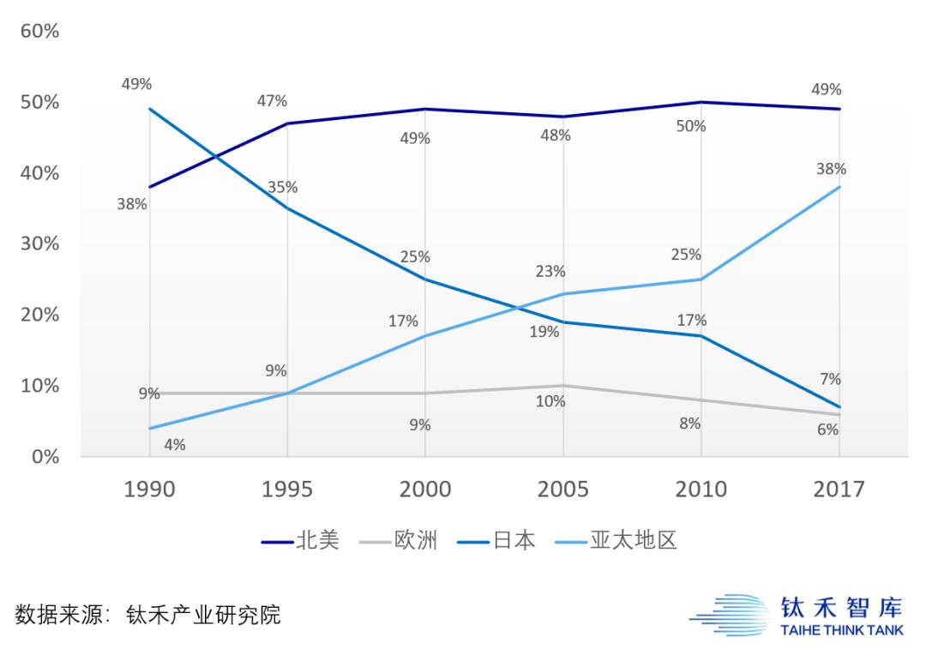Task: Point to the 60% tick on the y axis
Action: pos(39,32)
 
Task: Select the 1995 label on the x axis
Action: pos(287,490)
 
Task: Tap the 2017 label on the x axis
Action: pos(839,490)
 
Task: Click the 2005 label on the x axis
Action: pos(563,490)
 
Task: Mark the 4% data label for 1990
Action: pos(175,445)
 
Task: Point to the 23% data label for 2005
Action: pos(550,272)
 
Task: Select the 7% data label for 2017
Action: pos(830,379)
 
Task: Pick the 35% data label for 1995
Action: pos(282,187)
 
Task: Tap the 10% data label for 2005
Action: pos(550,401)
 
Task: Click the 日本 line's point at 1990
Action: pos(150,109)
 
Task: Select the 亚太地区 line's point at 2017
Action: pos(839,187)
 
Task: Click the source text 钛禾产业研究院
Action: pos(203,615)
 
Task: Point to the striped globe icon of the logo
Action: pos(729,616)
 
